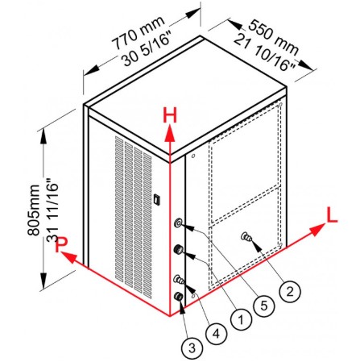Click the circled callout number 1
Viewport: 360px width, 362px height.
(241, 320)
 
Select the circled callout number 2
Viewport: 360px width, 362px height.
(290, 291)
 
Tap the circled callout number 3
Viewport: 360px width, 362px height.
(192, 348)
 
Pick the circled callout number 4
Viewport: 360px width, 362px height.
(216, 334)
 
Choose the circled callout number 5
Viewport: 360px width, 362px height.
(264, 306)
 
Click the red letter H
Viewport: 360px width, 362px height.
(170, 115)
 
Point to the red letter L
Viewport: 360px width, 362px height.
(332, 215)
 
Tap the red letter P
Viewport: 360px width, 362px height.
(61, 244)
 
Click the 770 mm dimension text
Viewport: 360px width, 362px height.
(138, 33)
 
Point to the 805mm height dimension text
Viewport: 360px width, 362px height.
(34, 210)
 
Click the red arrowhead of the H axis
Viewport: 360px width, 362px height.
(170, 134)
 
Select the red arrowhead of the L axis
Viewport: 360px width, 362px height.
(317, 230)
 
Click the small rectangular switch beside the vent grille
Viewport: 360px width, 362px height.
(156, 199)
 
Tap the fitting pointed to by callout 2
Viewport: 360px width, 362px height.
(246, 237)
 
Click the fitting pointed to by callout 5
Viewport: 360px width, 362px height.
(178, 223)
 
